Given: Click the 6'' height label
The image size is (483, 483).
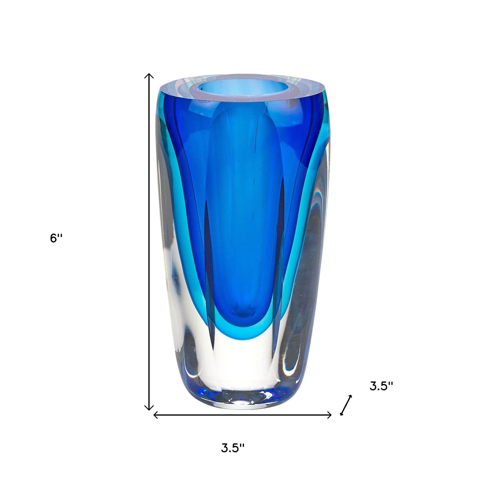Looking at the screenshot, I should (56, 238).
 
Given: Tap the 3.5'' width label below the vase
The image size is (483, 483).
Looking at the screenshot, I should (233, 448).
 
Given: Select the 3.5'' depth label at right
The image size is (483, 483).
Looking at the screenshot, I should (381, 386).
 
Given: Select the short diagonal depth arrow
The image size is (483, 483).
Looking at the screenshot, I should (346, 405).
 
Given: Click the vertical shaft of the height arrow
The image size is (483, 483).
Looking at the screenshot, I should (149, 241).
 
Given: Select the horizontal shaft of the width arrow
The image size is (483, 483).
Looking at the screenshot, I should (242, 415).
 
